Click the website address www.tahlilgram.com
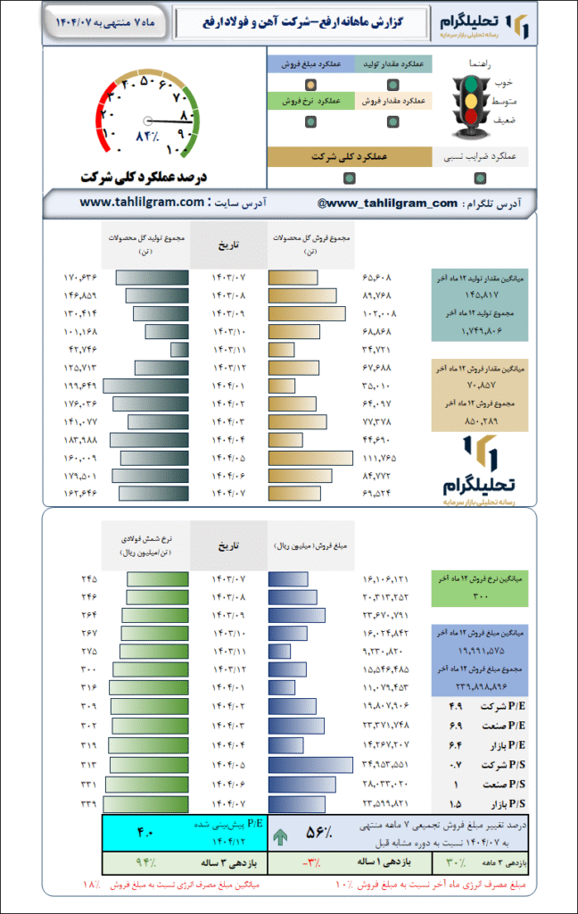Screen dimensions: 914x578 click(142, 203)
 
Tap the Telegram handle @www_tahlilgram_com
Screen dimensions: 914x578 click(387, 204)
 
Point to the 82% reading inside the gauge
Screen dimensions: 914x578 click(146, 137)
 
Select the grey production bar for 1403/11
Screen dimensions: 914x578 click(179, 349)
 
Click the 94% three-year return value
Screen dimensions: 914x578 click(144, 863)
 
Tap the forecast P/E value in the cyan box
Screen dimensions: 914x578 click(144, 833)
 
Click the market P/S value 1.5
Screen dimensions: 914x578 click(454, 803)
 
